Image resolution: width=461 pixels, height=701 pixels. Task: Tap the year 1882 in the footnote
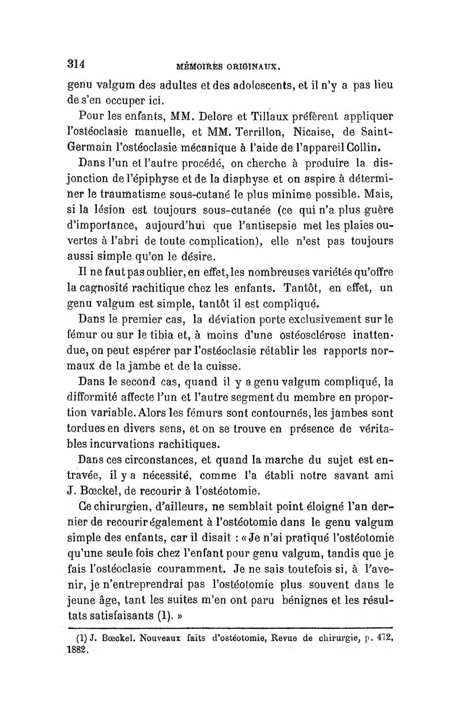coord(81,650)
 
